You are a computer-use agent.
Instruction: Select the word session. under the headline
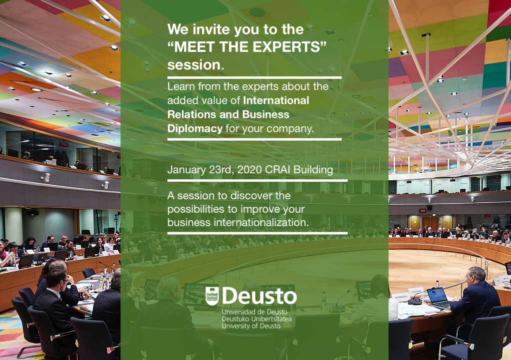point(196,64)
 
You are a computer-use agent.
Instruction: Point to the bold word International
point(276,100)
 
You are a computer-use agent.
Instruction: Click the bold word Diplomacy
point(195,128)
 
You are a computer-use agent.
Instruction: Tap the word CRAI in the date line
point(277,170)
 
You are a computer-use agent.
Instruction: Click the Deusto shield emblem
point(212,296)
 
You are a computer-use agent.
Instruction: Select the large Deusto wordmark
point(259,296)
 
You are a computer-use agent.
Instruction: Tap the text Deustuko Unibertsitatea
point(256,319)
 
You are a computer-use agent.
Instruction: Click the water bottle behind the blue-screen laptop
point(437,284)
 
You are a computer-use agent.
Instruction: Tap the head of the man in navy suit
point(476,276)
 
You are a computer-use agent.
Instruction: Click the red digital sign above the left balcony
point(64,144)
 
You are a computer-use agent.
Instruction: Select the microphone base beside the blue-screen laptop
point(415,302)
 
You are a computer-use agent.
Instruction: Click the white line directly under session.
point(255,77)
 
